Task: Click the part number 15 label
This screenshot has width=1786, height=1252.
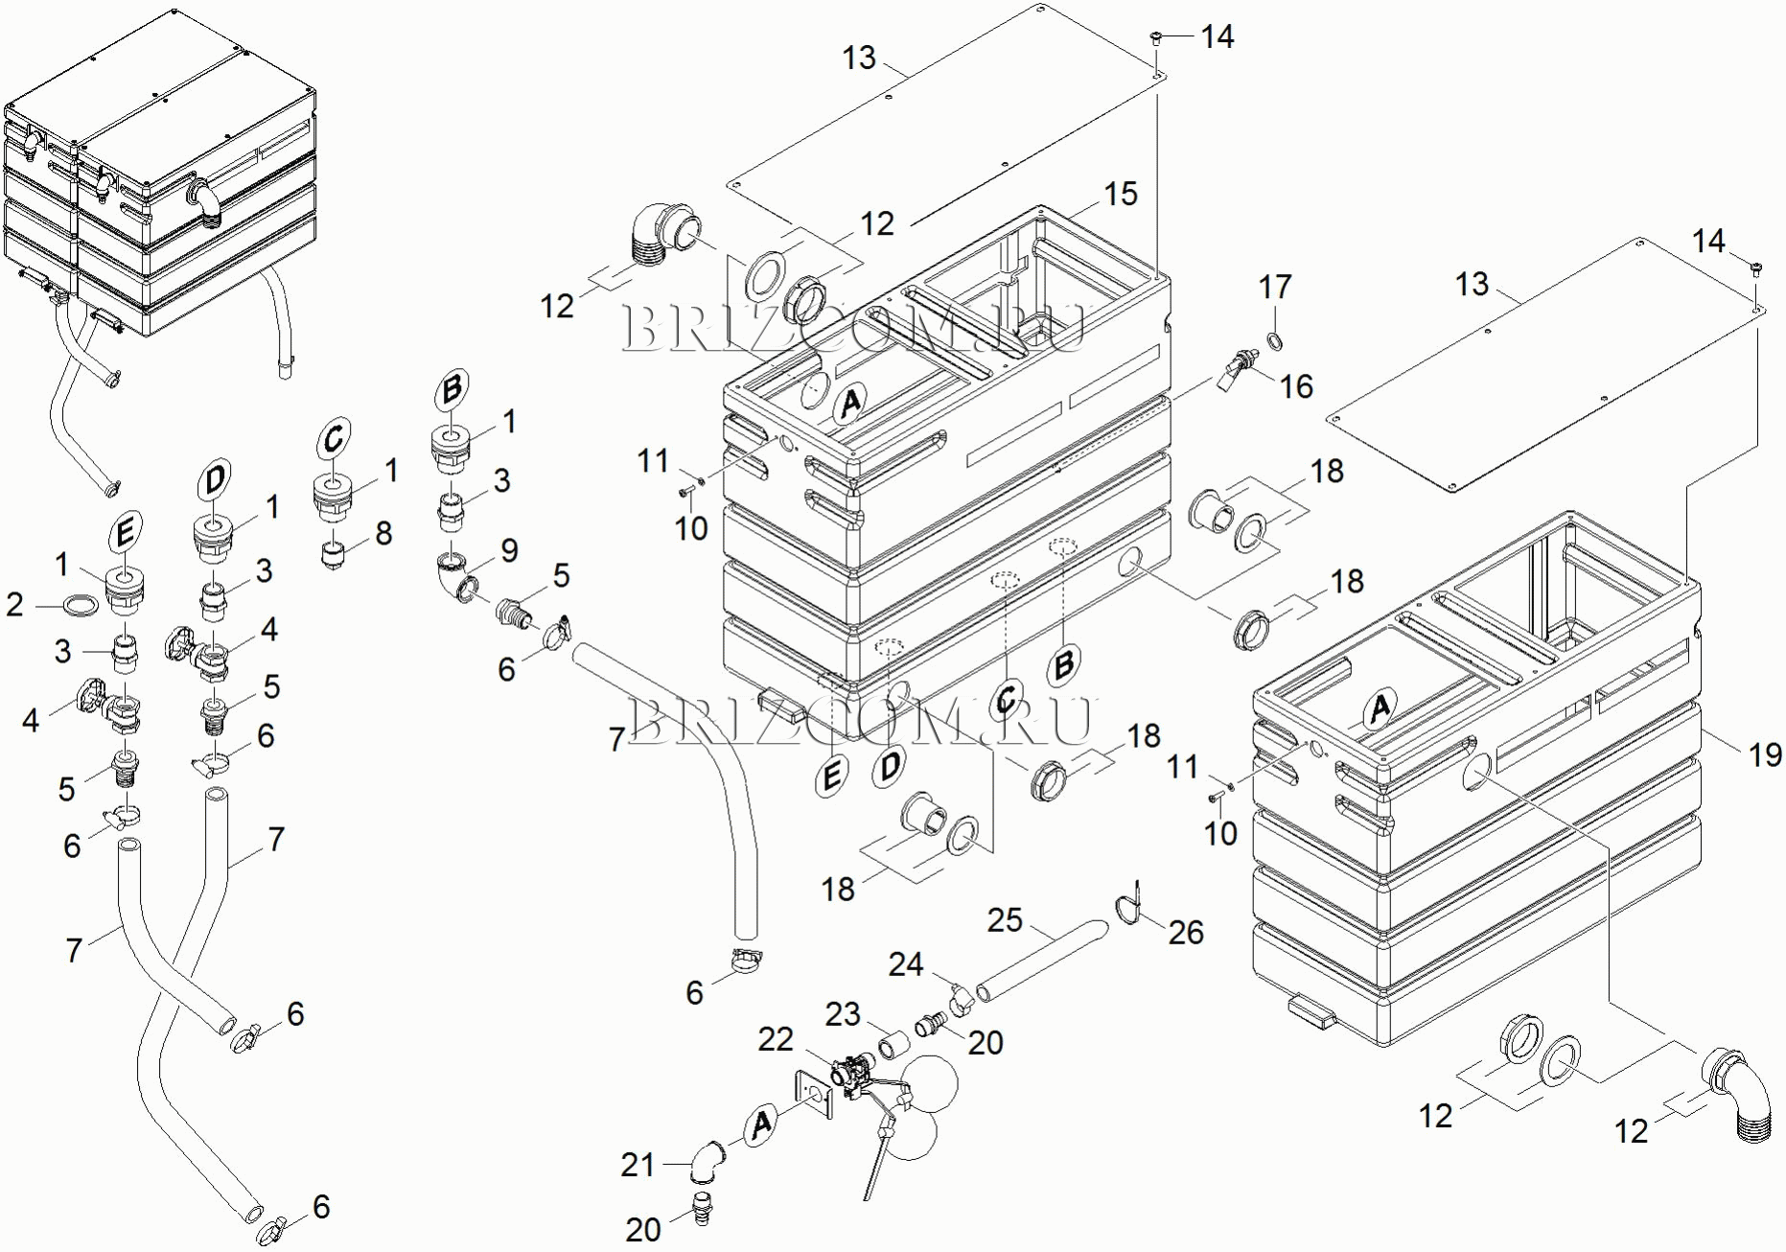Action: click(1120, 195)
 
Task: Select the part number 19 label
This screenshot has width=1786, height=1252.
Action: click(1765, 755)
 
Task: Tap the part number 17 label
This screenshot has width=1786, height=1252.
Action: click(1275, 287)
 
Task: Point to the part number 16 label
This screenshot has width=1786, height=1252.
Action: click(1296, 386)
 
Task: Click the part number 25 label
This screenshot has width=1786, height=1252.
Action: click(1005, 920)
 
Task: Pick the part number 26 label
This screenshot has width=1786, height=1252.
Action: click(1186, 932)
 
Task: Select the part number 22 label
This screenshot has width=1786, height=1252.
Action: click(776, 1039)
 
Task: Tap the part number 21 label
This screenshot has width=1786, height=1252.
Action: click(638, 1165)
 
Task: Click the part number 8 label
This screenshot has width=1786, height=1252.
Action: click(383, 533)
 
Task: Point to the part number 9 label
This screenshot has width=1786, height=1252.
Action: click(509, 550)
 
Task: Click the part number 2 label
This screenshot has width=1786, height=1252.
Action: click(14, 604)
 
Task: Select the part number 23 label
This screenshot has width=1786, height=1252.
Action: click(843, 1014)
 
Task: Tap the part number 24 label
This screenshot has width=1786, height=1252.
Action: click(905, 964)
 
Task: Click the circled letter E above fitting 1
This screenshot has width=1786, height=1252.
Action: click(125, 533)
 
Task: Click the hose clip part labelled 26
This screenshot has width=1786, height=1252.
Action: click(1127, 905)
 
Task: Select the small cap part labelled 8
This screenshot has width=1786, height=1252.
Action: click(334, 556)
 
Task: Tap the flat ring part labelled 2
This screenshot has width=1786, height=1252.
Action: click(81, 606)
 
